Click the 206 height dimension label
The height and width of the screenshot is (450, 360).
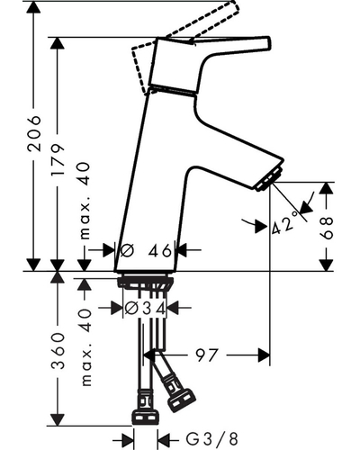pyautogui.click(x=33, y=132)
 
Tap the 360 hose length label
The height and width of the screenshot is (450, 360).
pyautogui.click(x=58, y=350)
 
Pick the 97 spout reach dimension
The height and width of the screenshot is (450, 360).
pyautogui.click(x=206, y=355)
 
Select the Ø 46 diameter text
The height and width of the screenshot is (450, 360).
pyautogui.click(x=146, y=250)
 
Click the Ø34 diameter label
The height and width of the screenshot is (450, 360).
pyautogui.click(x=145, y=308)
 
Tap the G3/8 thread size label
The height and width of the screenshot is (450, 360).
pyautogui.click(x=211, y=440)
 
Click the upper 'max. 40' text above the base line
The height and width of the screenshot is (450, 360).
pyautogui.click(x=85, y=201)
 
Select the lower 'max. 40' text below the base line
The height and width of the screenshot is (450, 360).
pyautogui.click(x=85, y=346)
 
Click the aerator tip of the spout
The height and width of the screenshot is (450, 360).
pyautogui.click(x=270, y=179)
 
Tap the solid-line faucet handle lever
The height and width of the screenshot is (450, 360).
pyautogui.click(x=210, y=65)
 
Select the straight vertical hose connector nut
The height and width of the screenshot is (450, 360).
pyautogui.click(x=145, y=418)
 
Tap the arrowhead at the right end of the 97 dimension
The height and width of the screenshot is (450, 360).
pyautogui.click(x=264, y=355)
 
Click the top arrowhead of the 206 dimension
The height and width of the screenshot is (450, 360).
pyautogui.click(x=33, y=6)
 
